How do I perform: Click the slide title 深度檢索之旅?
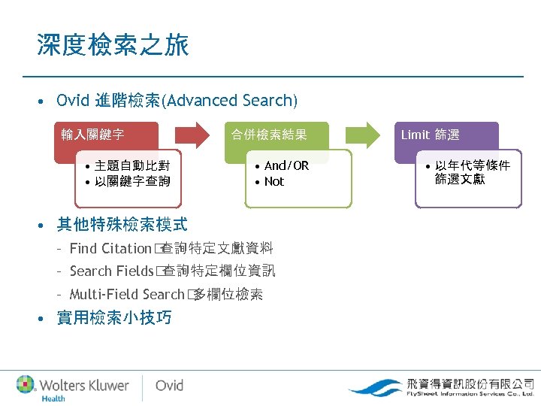pos(113,46)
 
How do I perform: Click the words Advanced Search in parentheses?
pos(230,101)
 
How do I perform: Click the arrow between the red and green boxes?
pos(192,135)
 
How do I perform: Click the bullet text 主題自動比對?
pos(127,165)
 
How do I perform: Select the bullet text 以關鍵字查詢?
pos(127,181)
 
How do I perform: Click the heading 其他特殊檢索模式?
pos(122,224)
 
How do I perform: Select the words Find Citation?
pos(110,248)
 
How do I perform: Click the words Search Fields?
pos(111,271)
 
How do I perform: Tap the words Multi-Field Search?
pos(126,295)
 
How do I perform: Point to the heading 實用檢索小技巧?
pos(114,317)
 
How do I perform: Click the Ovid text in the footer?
pos(169,385)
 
